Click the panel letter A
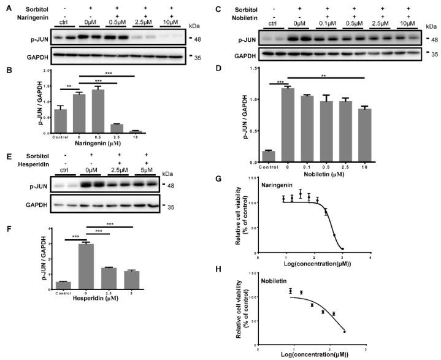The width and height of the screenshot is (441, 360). [x=5, y=6]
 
